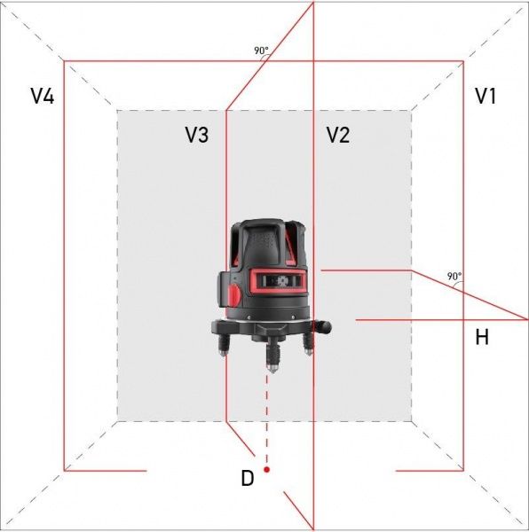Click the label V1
point(485,97)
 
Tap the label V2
point(337,135)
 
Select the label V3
point(197,135)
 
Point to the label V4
point(42,97)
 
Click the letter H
point(482,337)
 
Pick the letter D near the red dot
point(248,479)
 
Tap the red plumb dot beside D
point(266,469)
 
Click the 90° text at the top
point(261,51)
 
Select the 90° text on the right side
point(454,277)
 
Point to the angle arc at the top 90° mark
point(261,61)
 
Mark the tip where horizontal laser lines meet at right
point(527,318)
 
